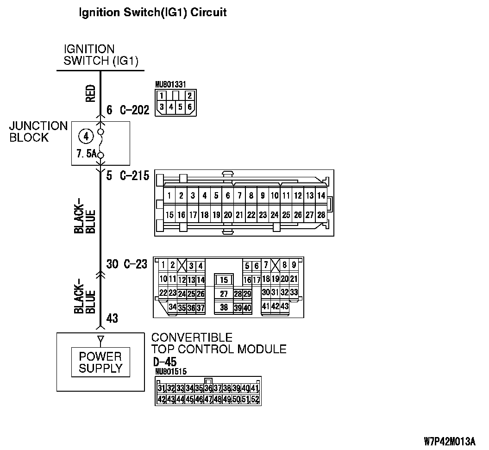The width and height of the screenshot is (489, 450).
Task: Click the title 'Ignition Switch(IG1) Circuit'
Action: pos(153,12)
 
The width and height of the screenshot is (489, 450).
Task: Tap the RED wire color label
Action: pos(91,93)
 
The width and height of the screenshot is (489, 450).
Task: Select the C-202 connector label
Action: pos(135,110)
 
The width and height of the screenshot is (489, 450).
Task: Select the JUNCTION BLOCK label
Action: pos(38,131)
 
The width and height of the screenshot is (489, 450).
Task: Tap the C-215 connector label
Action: pos(135,176)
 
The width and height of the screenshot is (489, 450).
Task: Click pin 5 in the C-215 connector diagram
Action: pos(216,196)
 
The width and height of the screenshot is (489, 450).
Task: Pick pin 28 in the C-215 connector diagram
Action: pos(321,215)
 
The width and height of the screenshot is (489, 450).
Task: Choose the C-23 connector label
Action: pos(136,264)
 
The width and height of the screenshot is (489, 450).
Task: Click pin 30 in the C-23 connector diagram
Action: pos(265,293)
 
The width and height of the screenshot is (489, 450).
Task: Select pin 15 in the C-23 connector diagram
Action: pos(224,280)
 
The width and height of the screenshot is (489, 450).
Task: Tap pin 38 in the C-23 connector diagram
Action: pos(224,307)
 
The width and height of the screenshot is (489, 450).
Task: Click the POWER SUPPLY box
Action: pos(100,362)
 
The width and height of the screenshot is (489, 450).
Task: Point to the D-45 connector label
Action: pos(164,362)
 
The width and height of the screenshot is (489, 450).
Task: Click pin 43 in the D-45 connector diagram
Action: pos(171,399)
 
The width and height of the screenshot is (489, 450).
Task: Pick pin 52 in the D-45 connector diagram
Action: pos(255,399)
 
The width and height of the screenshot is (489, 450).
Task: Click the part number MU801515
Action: pos(171,371)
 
